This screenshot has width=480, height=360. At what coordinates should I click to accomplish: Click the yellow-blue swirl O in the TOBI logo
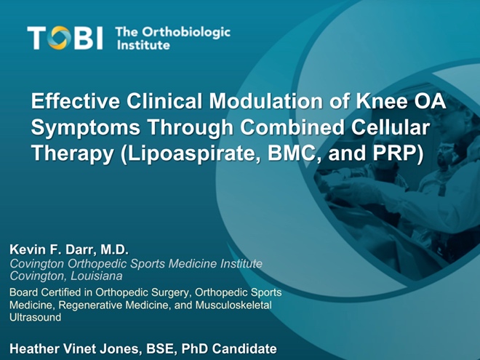(x=59, y=38)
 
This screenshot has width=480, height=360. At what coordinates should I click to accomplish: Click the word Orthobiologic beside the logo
(x=186, y=33)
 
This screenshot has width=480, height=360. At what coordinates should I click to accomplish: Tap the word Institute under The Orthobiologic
(x=143, y=45)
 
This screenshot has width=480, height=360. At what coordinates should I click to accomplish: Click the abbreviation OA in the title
(x=427, y=100)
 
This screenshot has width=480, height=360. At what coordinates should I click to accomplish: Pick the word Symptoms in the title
(x=86, y=127)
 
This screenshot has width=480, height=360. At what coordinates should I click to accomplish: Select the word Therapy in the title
(x=73, y=153)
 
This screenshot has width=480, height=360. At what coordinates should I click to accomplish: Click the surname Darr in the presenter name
(x=79, y=249)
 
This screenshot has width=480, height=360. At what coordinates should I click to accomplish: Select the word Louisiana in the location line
(x=97, y=276)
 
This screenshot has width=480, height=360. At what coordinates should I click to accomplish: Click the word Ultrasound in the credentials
(x=35, y=317)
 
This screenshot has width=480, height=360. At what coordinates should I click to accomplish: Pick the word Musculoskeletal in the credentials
(x=233, y=305)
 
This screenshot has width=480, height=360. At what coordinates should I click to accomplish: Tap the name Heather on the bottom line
(x=35, y=348)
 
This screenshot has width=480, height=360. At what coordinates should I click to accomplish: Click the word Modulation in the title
(x=265, y=100)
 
